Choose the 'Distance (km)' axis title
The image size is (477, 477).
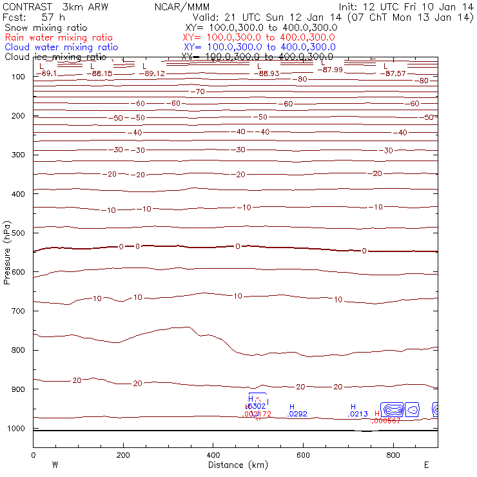[235, 465]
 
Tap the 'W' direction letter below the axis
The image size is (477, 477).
[55, 465]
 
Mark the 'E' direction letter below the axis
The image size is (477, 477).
[427, 465]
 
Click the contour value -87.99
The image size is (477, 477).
[333, 70]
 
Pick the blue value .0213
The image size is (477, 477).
[358, 414]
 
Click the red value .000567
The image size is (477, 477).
[387, 421]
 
